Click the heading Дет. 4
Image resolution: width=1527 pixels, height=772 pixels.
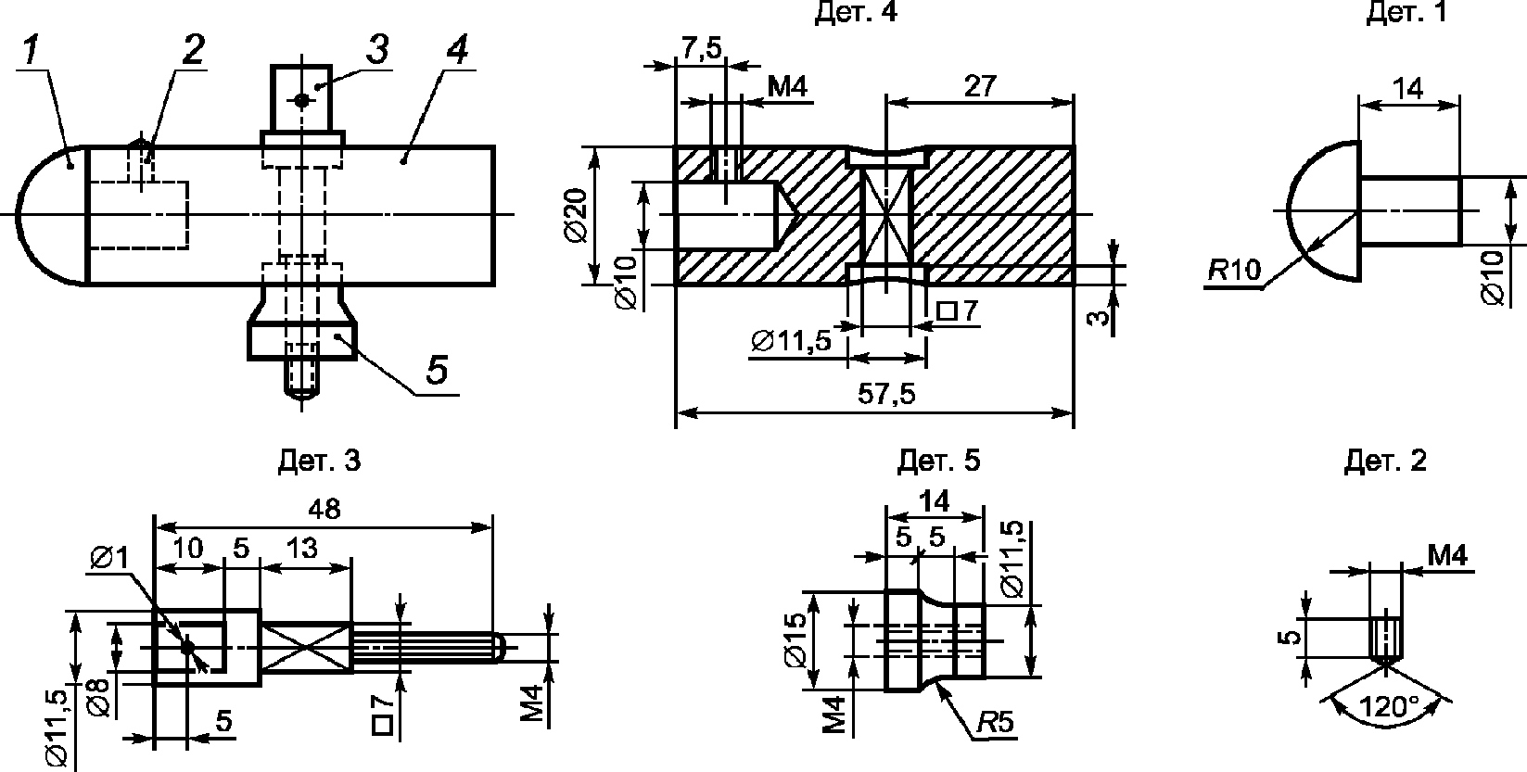click(x=856, y=11)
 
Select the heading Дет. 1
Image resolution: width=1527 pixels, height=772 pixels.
click(x=1406, y=11)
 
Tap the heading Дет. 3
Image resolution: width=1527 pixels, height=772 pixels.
click(x=319, y=461)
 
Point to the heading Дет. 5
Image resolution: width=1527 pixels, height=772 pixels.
click(x=938, y=461)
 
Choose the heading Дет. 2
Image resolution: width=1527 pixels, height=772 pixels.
click(x=1385, y=461)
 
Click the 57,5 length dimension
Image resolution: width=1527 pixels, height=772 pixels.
click(x=886, y=395)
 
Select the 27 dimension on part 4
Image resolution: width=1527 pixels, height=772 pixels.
click(x=980, y=86)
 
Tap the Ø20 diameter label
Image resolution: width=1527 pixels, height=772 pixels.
click(x=577, y=215)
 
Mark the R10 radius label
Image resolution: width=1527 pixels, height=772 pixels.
click(x=1235, y=271)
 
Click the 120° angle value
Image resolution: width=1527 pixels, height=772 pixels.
click(x=1389, y=706)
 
